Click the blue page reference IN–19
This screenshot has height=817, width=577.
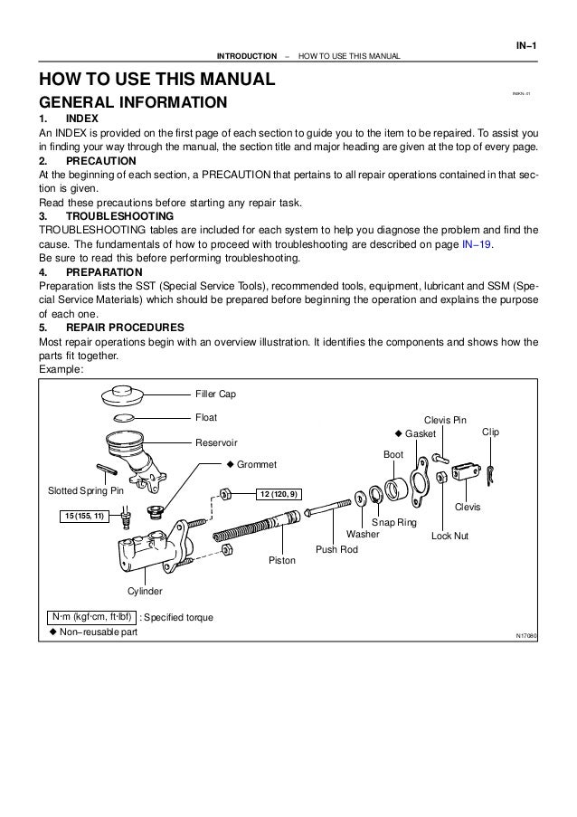point(490,244)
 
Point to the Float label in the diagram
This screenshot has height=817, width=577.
point(207,418)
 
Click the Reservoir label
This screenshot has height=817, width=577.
point(217,442)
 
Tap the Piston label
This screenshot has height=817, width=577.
point(282,561)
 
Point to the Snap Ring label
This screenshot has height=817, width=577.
point(393,522)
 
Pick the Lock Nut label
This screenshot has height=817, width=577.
point(449,535)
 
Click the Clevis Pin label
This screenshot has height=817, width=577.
point(446,420)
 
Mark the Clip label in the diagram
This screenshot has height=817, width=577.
point(490,432)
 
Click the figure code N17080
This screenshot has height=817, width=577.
point(525,635)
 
